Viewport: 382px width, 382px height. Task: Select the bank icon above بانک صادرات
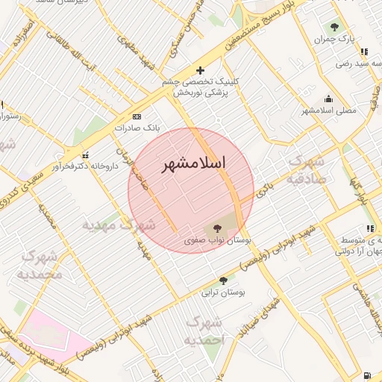click(137, 116)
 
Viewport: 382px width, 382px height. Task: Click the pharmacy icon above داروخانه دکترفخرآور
click(87, 155)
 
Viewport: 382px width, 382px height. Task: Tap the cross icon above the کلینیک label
click(199, 70)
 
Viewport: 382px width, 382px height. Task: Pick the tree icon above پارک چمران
click(333, 27)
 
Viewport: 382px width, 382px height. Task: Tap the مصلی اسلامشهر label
click(329, 110)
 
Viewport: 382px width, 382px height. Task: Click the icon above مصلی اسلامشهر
click(328, 98)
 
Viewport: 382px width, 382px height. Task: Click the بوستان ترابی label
click(222, 292)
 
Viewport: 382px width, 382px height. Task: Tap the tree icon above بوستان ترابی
click(222, 281)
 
